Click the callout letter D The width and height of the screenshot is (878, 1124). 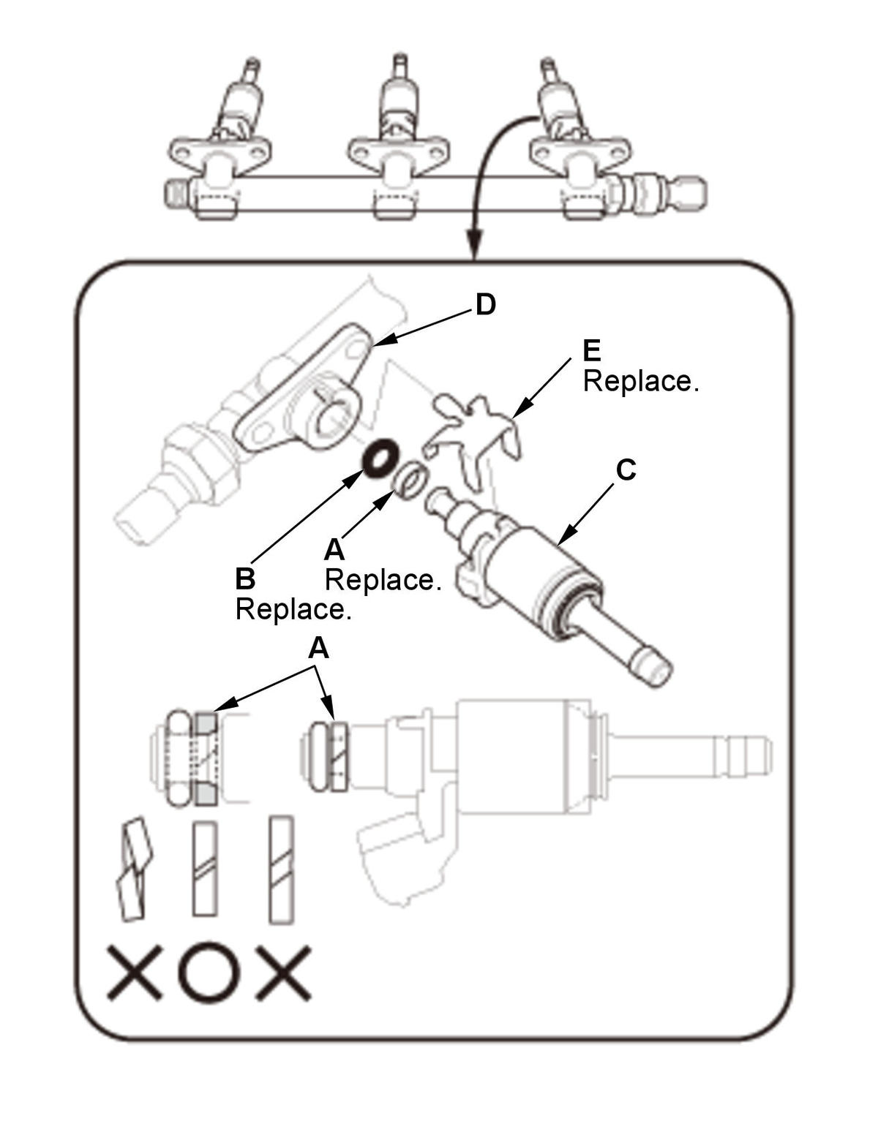pos(485,305)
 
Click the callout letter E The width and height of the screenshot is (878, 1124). pos(591,351)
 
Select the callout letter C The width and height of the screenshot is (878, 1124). pos(626,470)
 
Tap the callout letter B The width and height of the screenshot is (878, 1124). pos(245,578)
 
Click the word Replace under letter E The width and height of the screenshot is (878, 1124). pos(640,381)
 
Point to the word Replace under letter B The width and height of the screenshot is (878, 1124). pos(293,609)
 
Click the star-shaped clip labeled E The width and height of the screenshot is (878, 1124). pos(473,440)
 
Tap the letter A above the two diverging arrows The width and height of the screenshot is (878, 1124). pos(319,649)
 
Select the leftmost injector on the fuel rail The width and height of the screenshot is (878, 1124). pos(220,139)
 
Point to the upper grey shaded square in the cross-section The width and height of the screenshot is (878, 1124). pos(206,723)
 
